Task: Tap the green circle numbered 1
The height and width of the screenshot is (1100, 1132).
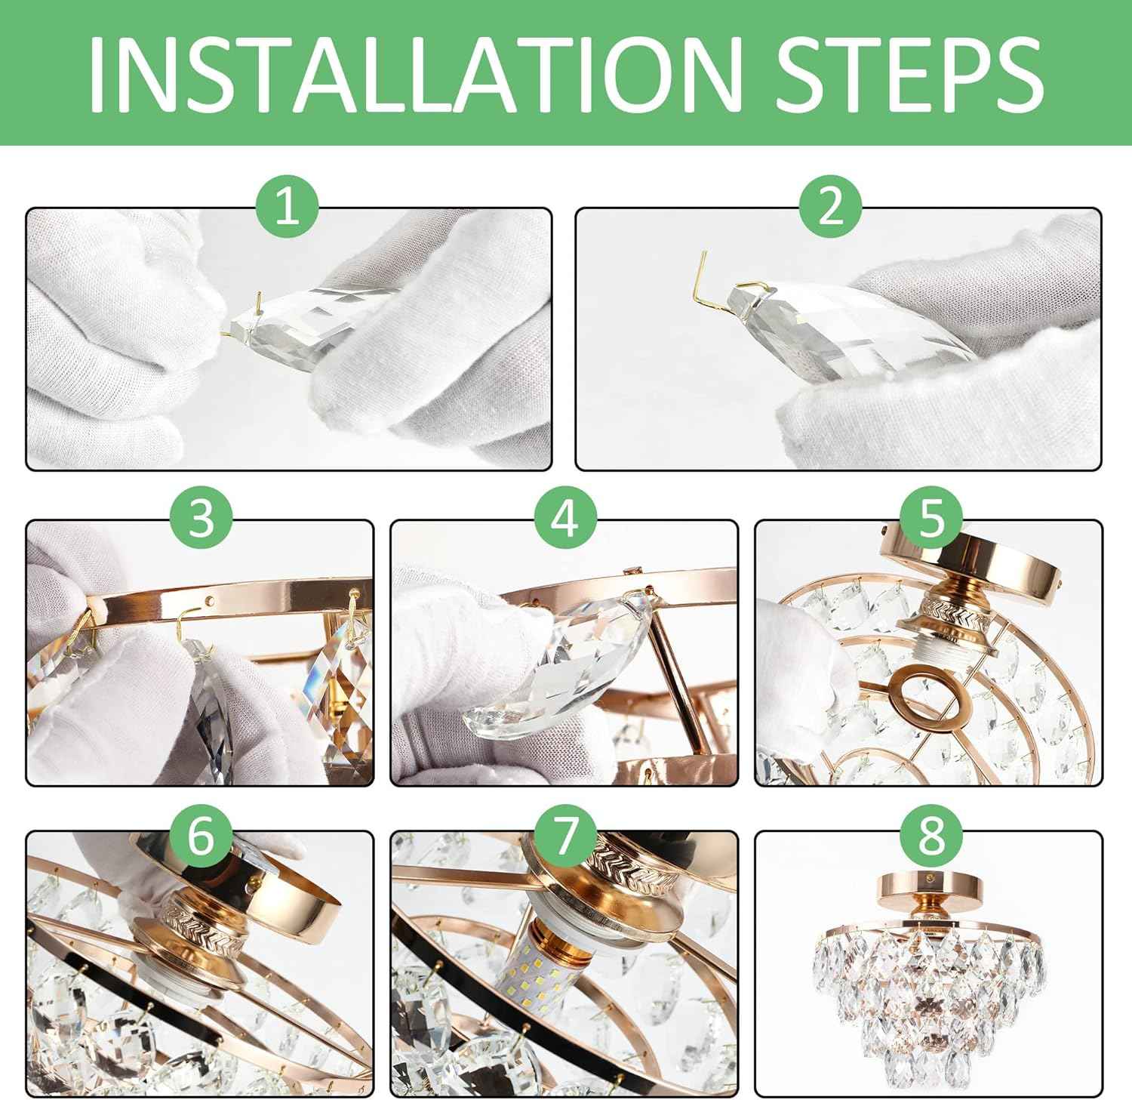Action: [x=287, y=206]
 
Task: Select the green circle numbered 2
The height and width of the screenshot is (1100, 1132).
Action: [x=830, y=206]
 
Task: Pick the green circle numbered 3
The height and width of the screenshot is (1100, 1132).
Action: [x=201, y=519]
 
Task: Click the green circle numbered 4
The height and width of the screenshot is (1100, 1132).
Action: [x=565, y=519]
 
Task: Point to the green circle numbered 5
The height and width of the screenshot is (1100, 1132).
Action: [x=931, y=519]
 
